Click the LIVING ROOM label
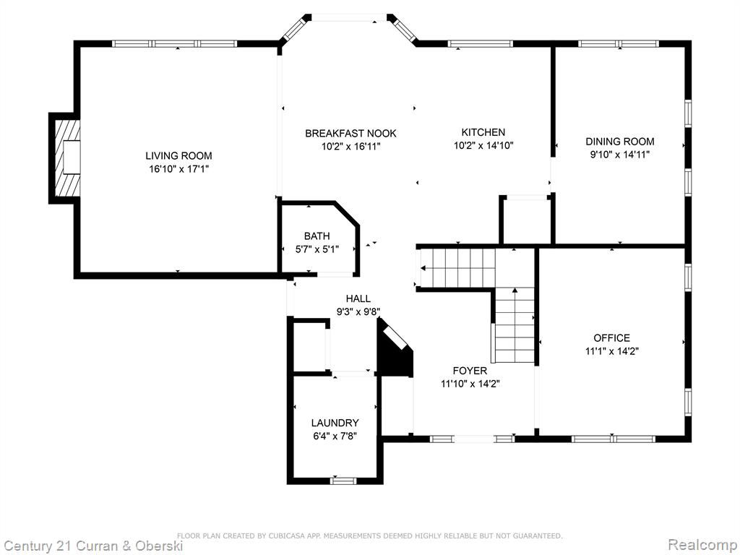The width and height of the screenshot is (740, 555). pos(178,156)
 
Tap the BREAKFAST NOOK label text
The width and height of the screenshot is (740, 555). pos(350,134)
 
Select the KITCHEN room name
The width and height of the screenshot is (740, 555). pos(483,132)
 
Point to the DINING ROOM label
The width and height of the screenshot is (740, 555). pos(619,141)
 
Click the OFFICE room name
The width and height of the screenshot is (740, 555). pos(611,338)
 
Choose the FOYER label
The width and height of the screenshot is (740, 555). pos(470,371)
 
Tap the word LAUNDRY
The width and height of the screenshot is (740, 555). pos(335,423)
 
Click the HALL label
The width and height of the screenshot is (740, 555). pos(358,298)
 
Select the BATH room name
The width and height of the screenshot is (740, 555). pos(317,236)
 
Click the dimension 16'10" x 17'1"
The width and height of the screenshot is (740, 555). pos(178,169)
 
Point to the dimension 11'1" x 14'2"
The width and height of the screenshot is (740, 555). pos(611,351)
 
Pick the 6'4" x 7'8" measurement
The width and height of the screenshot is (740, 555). pos(335,436)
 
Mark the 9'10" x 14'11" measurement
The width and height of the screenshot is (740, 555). pos(619,155)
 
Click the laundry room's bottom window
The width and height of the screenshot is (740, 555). pos(343,481)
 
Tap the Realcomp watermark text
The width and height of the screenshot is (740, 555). pos(702,544)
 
